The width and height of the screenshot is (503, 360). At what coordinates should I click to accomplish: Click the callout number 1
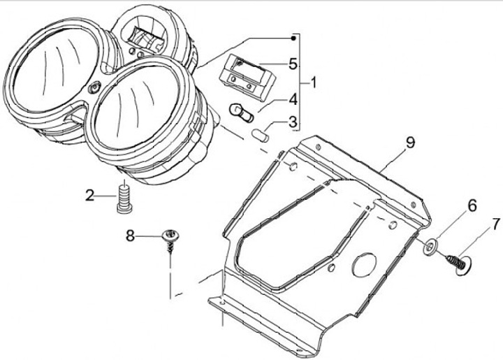[313, 83]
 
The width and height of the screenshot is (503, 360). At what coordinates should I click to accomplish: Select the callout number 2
[90, 196]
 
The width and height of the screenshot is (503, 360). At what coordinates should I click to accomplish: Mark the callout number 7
[496, 225]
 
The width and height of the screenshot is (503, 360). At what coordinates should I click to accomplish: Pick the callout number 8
[130, 236]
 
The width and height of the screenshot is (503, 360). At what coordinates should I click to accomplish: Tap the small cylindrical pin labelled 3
[260, 134]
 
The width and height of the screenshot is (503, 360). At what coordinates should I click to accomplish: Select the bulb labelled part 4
[241, 112]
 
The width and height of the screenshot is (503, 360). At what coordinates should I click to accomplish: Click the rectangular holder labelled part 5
[244, 76]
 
